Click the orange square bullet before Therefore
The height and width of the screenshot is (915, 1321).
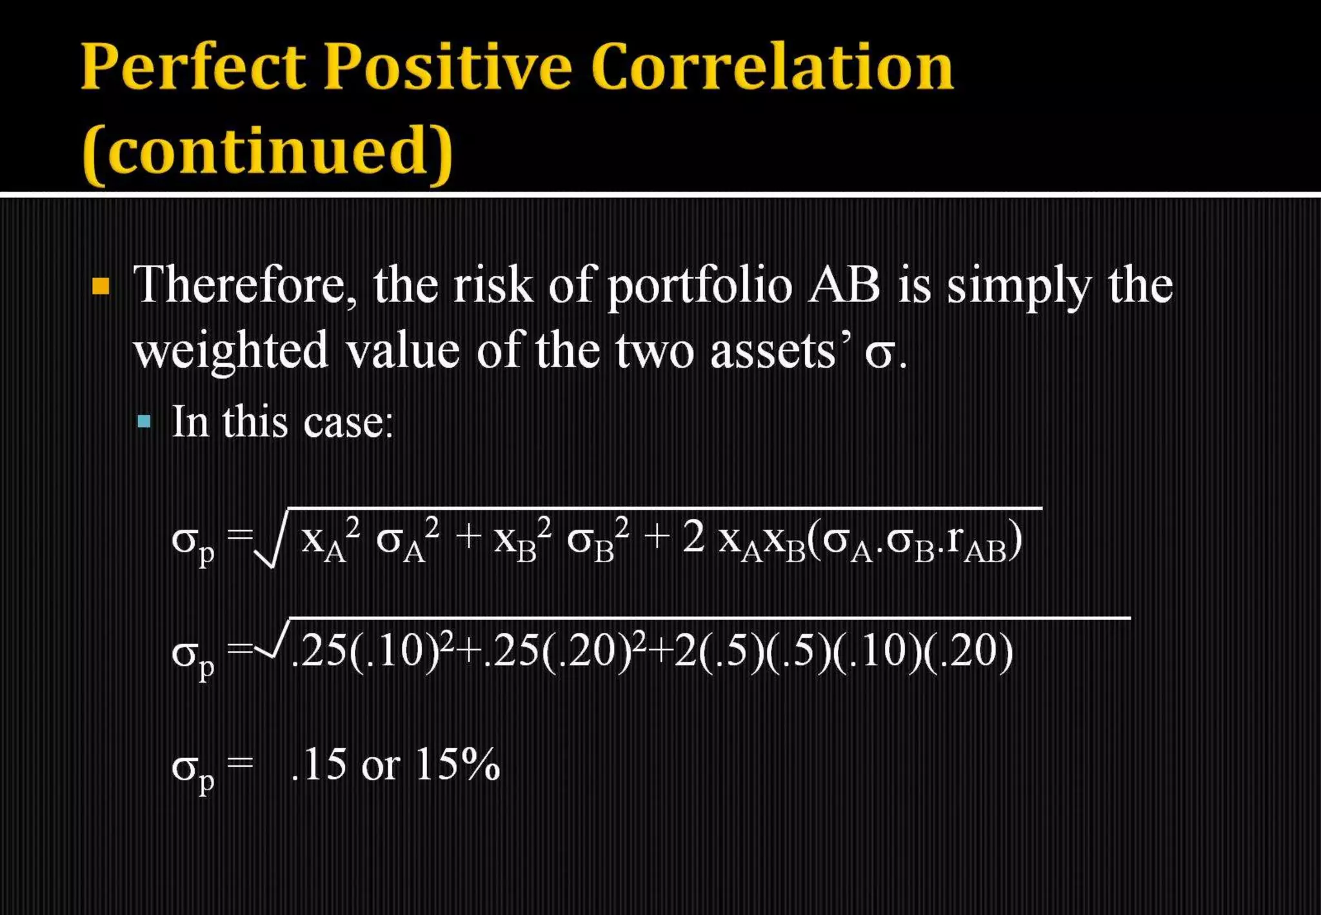point(101,285)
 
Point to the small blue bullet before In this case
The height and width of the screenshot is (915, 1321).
point(144,423)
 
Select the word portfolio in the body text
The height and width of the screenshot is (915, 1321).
point(699,285)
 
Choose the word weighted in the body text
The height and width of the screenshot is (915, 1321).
point(231,351)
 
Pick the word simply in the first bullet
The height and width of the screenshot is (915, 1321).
point(1019,287)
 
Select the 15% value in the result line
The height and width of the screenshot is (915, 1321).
point(457,765)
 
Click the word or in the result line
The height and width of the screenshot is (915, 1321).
point(380,766)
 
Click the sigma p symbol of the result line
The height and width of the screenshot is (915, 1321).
point(192,769)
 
